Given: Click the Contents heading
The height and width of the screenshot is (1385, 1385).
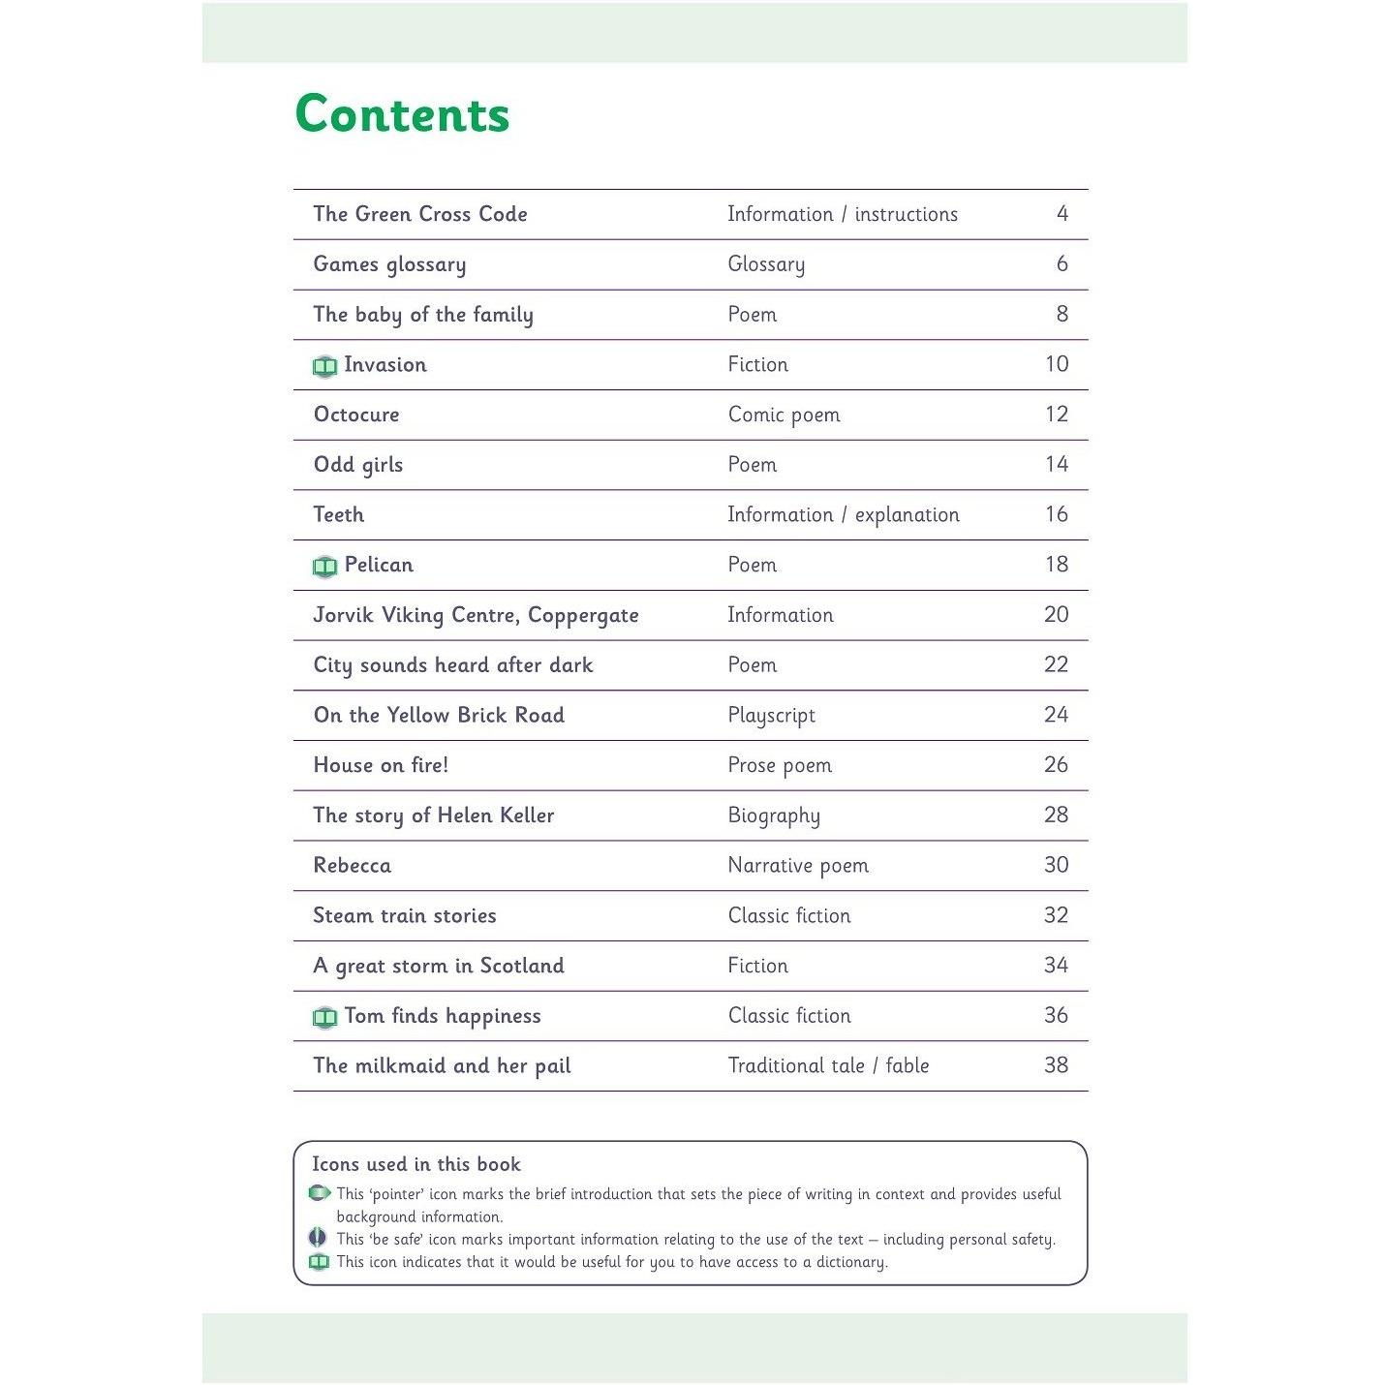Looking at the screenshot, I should click(x=402, y=114).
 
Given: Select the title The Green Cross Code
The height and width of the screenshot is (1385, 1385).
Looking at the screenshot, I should click(x=420, y=214).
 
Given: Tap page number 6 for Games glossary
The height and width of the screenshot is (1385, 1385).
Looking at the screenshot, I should click(x=1062, y=264).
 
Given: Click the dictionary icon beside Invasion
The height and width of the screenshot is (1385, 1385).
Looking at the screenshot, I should click(x=324, y=366).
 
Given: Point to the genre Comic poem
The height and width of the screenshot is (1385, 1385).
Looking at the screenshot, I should click(x=784, y=415).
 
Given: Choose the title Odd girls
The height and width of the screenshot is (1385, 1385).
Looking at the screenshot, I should click(x=358, y=465).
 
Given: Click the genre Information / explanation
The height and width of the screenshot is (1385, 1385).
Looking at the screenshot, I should click(x=843, y=515).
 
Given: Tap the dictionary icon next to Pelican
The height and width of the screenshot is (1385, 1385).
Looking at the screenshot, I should click(x=324, y=567).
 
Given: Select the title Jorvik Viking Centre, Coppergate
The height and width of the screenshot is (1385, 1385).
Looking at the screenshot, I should click(x=476, y=616).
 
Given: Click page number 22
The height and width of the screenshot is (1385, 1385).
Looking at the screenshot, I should click(x=1056, y=665).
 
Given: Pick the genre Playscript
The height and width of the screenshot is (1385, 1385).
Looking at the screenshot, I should click(x=771, y=716).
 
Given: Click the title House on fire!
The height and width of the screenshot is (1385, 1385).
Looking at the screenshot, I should click(x=381, y=765).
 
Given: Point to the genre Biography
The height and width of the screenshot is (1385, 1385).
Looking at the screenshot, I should click(x=774, y=816).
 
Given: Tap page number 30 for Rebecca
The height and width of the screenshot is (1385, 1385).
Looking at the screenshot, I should click(x=1056, y=865).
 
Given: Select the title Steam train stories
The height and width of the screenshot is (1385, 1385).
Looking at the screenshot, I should click(x=404, y=915).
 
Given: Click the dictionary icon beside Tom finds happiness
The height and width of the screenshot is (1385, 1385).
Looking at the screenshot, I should click(x=324, y=1018).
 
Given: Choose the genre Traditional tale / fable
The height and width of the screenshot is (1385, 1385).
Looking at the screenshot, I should click(x=828, y=1065).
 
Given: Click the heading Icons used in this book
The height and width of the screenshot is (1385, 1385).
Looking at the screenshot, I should click(x=415, y=1164).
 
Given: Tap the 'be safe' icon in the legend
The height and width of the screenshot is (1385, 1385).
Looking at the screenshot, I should click(x=317, y=1239).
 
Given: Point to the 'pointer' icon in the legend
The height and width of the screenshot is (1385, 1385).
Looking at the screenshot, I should click(x=319, y=1193).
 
